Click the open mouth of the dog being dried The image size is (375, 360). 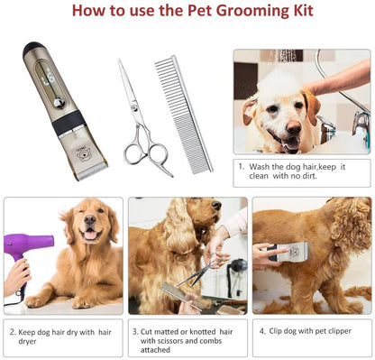tap(91, 235)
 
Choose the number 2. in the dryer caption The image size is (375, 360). tap(14, 331)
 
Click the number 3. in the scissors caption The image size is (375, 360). tap(135, 331)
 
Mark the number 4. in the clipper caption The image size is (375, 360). tap(262, 331)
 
